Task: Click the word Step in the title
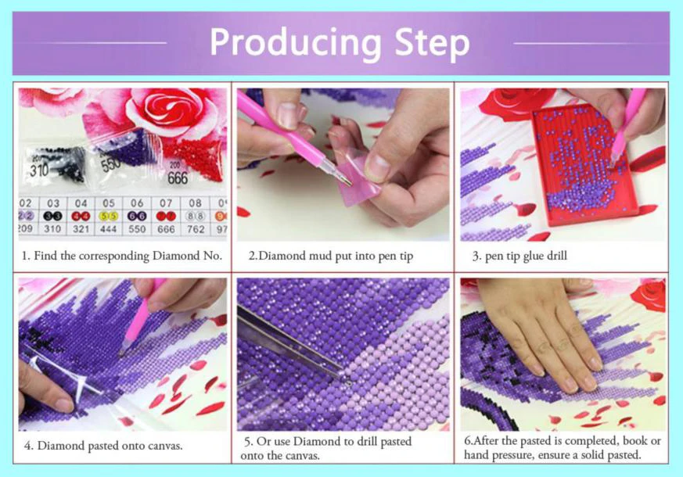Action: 432,44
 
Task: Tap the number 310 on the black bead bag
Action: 39,170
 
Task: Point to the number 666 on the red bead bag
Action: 178,178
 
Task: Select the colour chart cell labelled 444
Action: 109,216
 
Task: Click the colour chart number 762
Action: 196,229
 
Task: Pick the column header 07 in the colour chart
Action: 166,203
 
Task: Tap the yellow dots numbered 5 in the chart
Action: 109,216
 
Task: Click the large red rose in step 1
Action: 174,109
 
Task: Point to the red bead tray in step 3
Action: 584,164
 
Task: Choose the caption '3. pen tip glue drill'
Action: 519,256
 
